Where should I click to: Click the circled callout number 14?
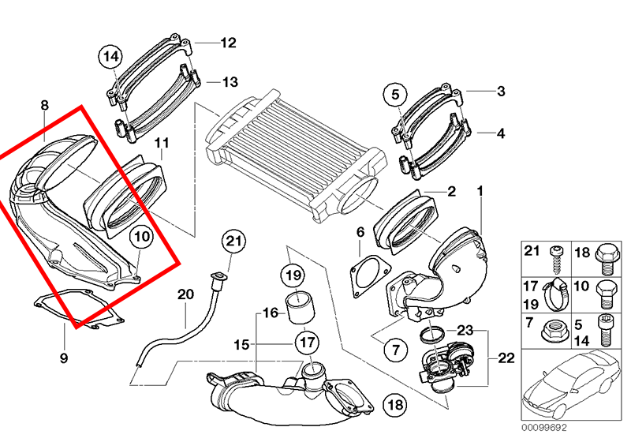(x=111, y=56)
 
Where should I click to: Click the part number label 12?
(x=228, y=43)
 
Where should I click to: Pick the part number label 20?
(x=185, y=294)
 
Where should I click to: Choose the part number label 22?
(x=506, y=358)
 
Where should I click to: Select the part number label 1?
(x=479, y=191)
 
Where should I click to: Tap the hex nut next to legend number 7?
(x=553, y=331)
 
